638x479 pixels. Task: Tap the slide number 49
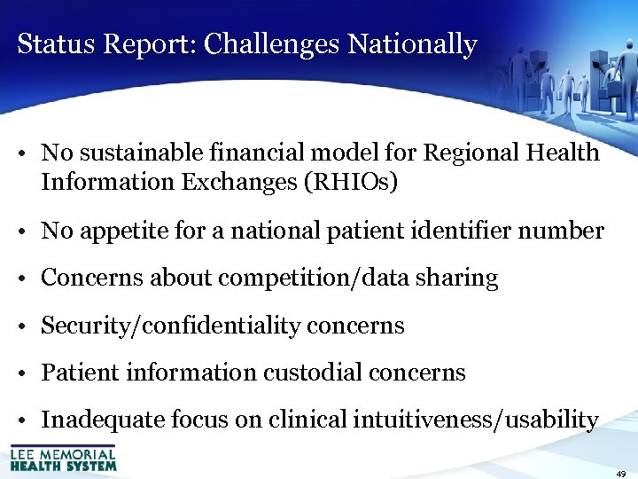[x=622, y=473]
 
